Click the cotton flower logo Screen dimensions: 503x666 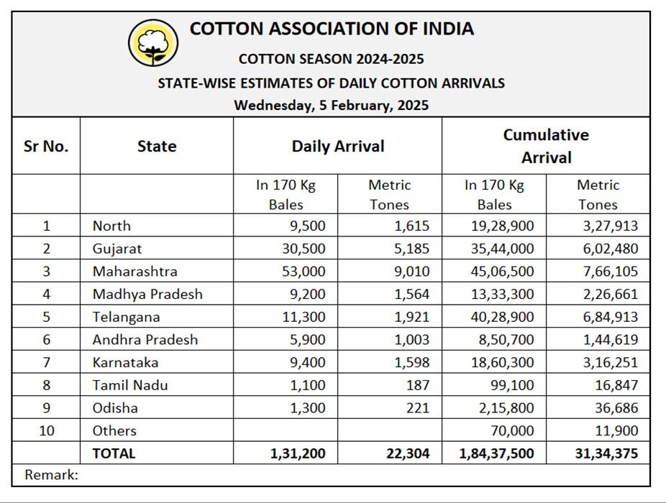[152, 42]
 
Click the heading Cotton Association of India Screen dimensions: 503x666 [332, 29]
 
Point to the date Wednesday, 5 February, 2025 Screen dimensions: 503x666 [331, 105]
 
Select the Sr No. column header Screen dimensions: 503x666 [46, 146]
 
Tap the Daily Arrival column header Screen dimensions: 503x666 [338, 146]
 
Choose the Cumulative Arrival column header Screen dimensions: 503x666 [546, 146]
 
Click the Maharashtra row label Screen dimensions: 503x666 [134, 271]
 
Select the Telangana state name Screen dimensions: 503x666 [126, 317]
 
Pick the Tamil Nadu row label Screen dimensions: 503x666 [130, 385]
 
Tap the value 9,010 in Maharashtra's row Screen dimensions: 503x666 [411, 271]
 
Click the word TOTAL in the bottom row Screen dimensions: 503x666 [114, 453]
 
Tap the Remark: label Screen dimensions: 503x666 [51, 474]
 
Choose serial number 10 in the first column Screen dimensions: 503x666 [47, 430]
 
